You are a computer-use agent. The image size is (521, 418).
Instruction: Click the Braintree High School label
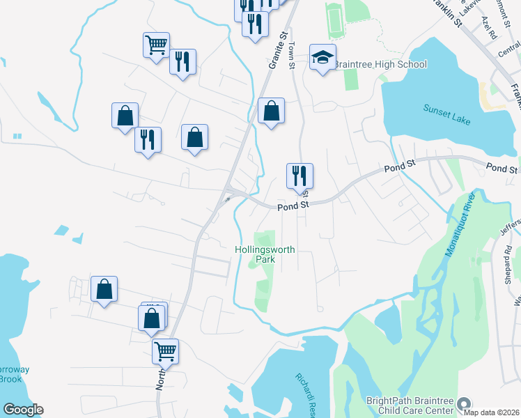point(380,65)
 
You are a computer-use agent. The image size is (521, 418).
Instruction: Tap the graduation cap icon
point(322,58)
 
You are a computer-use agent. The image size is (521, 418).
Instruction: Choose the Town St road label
point(293,56)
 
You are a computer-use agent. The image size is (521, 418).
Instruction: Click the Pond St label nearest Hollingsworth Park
point(293,206)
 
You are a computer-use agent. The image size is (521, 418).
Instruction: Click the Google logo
point(23,410)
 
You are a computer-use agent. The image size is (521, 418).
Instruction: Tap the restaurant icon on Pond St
point(300,176)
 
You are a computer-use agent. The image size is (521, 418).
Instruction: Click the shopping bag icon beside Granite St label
point(271,110)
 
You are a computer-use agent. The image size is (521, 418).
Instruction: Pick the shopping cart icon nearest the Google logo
point(166,351)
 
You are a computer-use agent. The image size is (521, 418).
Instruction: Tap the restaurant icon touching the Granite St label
point(255,24)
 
